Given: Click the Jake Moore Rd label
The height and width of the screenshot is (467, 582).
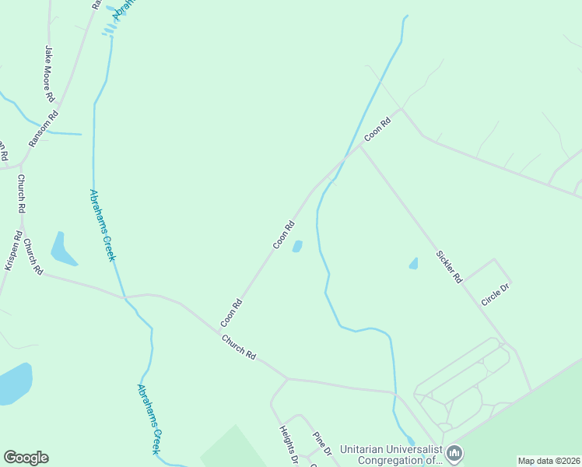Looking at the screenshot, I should [49, 75].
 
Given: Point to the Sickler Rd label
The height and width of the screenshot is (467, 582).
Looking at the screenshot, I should [450, 266].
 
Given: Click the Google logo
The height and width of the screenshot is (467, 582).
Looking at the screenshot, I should [26, 458].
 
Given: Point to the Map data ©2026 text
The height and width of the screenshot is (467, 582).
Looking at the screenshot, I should [549, 461].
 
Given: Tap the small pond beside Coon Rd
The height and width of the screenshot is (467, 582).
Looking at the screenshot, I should [297, 247].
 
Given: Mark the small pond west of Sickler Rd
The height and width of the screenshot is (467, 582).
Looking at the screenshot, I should [413, 264].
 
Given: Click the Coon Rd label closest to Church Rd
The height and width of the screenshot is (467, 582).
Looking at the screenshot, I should [232, 311].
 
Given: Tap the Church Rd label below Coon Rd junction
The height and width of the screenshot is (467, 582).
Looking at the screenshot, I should [238, 346].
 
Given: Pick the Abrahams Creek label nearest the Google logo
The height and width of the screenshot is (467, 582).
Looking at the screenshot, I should [149, 418].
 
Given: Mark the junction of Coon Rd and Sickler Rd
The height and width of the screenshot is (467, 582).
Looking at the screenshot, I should [359, 146].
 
